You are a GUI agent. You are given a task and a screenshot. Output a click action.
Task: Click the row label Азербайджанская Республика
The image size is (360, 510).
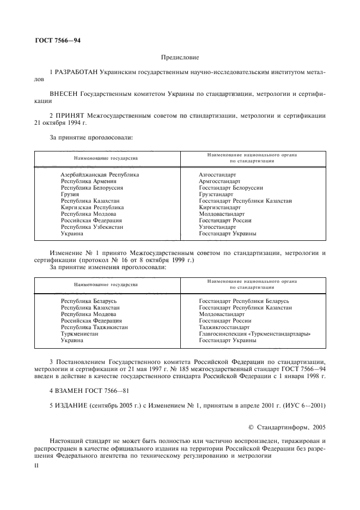pyautogui.click(x=100, y=174)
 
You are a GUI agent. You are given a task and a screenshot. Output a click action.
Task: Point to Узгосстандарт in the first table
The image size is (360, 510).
pyautogui.click(x=218, y=227)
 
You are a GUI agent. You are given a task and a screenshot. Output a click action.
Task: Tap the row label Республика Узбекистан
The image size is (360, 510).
pyautogui.click(x=92, y=227)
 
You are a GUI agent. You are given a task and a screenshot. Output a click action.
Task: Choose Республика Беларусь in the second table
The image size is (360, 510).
pyautogui.click(x=89, y=301)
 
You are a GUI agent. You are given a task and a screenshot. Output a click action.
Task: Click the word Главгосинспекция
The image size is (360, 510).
pyautogui.click(x=224, y=333)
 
